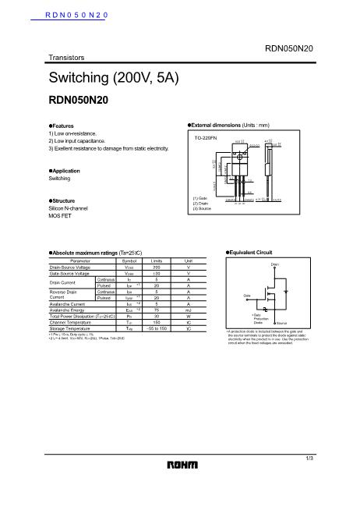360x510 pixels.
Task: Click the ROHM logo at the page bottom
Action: point(180,466)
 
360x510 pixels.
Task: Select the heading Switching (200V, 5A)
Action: point(114,78)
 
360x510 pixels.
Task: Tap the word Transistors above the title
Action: point(65,58)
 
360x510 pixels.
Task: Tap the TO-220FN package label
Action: point(206,137)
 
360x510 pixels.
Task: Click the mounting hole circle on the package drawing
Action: point(239,155)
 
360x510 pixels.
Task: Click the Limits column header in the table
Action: point(156,260)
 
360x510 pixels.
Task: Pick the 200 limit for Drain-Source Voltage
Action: point(156,267)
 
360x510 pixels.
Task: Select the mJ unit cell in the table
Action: point(189,310)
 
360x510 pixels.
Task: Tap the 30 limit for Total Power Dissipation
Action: point(156,316)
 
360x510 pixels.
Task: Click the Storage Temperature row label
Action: point(71,329)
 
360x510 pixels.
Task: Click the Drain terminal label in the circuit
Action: point(275,265)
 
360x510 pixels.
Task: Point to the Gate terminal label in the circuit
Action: point(247,296)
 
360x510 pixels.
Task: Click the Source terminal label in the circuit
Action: point(282,322)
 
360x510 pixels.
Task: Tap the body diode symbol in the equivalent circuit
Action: point(287,292)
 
